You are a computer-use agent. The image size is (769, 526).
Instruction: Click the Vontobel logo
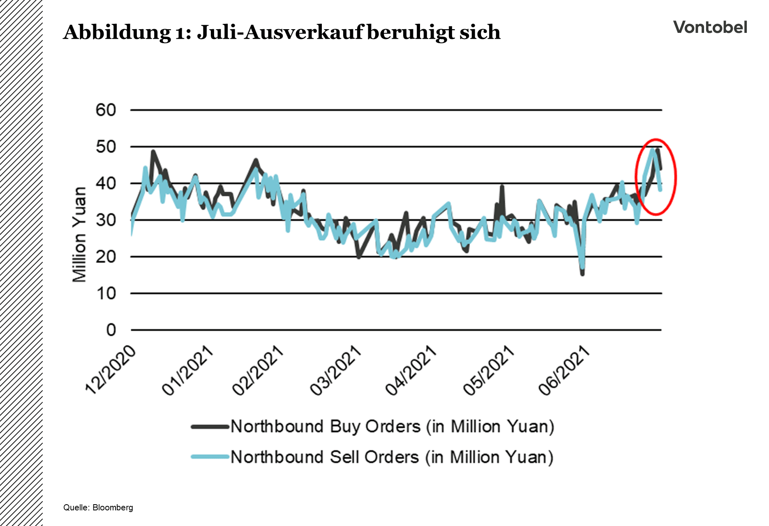[710, 28]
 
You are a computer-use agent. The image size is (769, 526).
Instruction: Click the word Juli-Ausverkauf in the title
[279, 32]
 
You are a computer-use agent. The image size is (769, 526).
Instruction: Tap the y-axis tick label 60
[106, 110]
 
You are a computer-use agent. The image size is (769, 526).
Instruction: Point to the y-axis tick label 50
[106, 147]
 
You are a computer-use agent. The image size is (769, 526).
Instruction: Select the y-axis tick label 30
[106, 220]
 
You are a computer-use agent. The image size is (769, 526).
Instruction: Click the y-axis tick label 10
[106, 293]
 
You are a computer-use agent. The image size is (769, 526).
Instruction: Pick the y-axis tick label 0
[111, 330]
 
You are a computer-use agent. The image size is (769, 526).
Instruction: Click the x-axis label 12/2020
[110, 370]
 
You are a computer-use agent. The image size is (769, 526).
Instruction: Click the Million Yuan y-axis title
[79, 235]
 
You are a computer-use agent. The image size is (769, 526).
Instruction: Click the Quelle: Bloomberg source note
[98, 508]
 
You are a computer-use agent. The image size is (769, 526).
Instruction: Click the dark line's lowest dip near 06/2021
[582, 274]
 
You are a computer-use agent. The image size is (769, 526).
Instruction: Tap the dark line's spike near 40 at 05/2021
[502, 187]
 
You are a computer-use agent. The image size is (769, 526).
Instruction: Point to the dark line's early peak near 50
[153, 152]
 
